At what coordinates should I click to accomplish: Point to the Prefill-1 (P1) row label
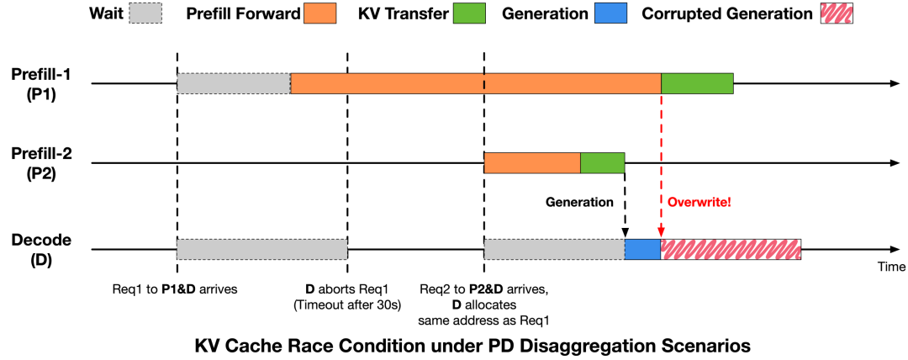41,85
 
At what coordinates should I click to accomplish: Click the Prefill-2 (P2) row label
41,163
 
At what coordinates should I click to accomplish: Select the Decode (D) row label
40,251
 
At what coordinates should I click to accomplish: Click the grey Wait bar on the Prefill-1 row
234,83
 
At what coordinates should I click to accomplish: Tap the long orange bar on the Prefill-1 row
476,83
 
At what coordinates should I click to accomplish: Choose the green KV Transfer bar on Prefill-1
697,83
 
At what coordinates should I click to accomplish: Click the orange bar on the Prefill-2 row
532,163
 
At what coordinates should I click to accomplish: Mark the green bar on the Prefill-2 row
602,163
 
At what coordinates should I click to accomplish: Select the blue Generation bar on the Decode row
643,249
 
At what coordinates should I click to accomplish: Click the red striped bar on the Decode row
731,249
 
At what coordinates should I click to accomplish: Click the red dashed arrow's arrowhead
661,234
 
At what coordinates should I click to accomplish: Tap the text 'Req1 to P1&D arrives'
176,289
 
